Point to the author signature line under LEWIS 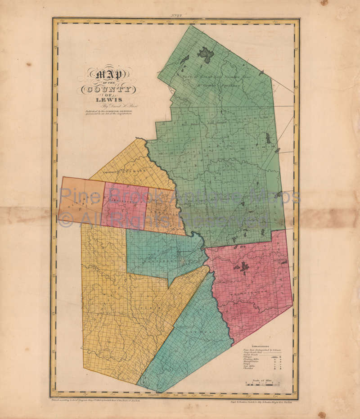108,107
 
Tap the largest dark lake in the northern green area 206,55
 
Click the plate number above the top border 176,15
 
